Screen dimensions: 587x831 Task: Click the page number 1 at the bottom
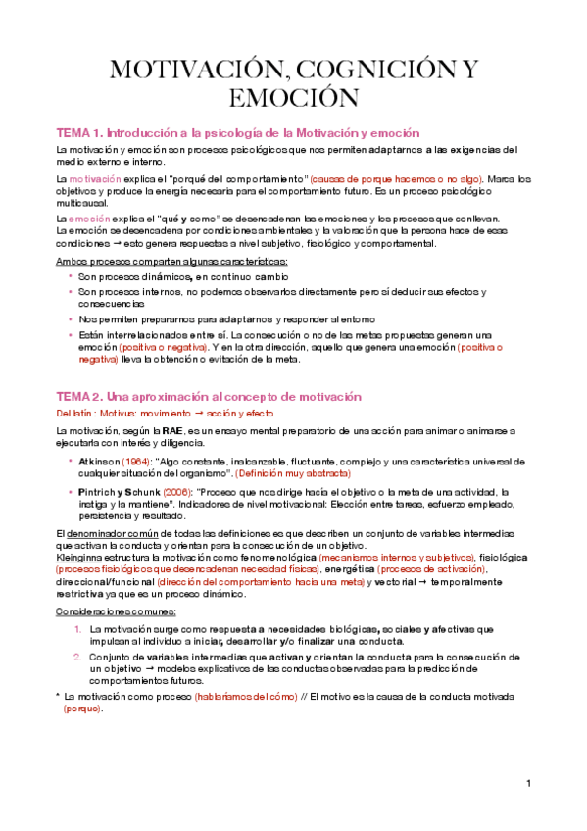click(527, 784)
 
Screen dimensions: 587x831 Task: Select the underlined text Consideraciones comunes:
click(109, 611)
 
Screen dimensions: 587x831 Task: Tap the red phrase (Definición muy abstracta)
click(299, 472)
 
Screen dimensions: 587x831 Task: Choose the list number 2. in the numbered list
click(78, 657)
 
